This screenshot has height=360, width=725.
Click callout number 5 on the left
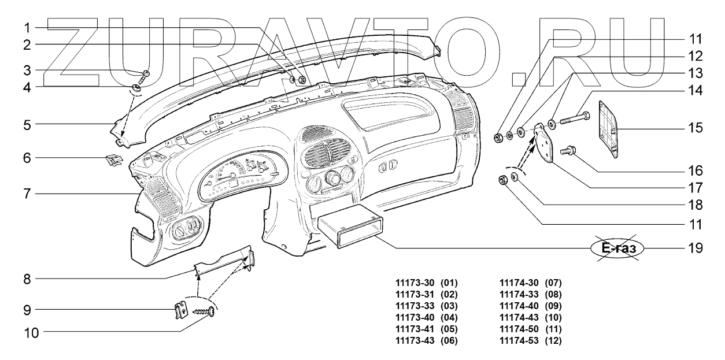(27, 125)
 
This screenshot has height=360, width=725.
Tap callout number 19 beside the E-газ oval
(695, 248)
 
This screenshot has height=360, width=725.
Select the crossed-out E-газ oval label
(617, 248)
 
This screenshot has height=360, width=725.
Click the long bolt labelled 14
(575, 118)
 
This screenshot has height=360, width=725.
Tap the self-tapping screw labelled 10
(204, 312)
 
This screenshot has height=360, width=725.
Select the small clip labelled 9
(182, 310)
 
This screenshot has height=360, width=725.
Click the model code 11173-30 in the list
(415, 283)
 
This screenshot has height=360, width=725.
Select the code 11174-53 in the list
(519, 340)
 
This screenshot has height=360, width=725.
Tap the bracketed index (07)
(553, 283)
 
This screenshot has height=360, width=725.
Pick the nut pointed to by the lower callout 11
(503, 180)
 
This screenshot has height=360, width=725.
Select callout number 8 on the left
(27, 279)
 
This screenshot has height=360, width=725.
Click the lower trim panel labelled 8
(224, 261)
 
